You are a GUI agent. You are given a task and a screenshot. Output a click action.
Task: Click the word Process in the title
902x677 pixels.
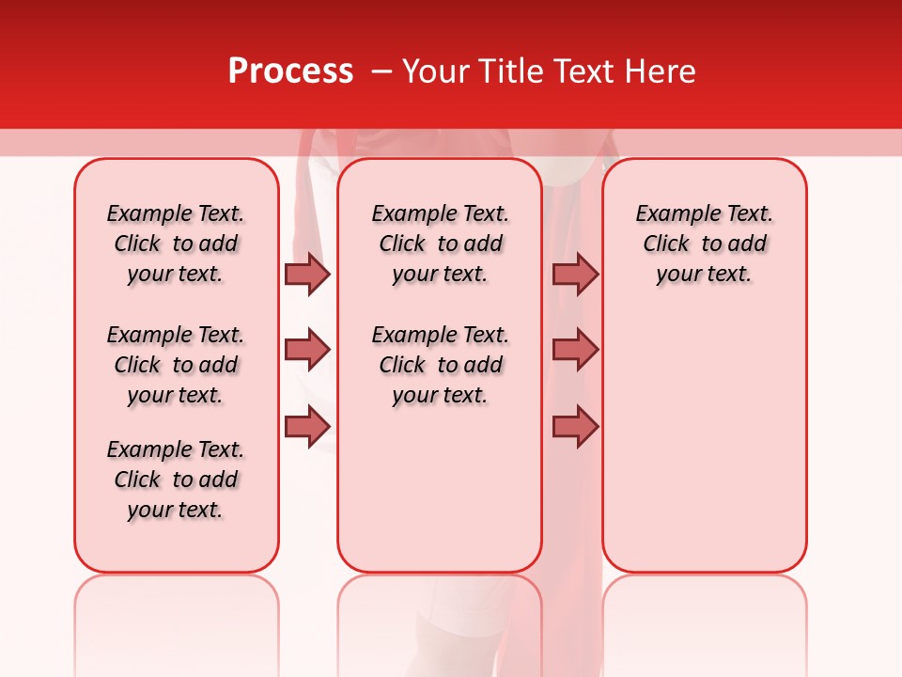290,71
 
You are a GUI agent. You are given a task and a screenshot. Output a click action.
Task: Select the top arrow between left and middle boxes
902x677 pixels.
307,274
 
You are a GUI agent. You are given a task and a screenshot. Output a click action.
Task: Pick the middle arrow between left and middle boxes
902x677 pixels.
307,350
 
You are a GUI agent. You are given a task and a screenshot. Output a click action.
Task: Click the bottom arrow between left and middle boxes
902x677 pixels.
307,426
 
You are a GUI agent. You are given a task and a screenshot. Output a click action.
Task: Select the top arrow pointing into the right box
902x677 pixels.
575,274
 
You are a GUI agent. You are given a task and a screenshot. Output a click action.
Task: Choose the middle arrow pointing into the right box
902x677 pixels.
575,350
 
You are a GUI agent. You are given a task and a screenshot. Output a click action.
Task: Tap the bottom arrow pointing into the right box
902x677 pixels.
575,426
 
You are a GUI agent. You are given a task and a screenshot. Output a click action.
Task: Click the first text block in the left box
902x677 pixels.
176,244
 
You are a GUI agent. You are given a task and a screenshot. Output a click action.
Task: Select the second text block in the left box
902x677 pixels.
176,365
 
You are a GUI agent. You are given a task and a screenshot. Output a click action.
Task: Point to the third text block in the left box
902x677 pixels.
176,480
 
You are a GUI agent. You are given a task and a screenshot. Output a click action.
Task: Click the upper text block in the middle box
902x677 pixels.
440,244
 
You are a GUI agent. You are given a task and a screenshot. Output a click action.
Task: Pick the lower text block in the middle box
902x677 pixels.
440,365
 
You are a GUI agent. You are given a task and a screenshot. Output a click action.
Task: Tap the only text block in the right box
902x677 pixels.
704,244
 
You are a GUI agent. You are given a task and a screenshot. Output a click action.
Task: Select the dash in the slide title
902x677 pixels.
381,71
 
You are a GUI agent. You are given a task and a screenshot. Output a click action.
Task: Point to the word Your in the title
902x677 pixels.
435,71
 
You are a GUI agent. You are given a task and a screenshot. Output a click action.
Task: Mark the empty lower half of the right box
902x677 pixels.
704,442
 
